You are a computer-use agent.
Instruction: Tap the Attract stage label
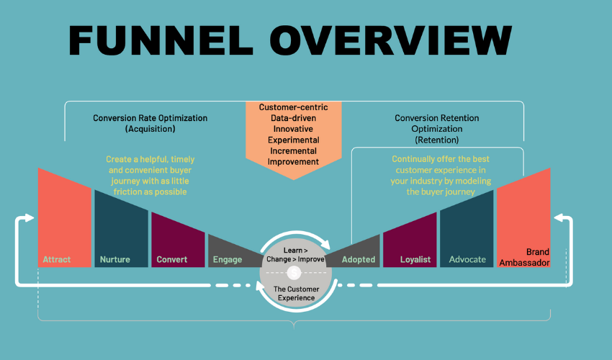pos(57,259)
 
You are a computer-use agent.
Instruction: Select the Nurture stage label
pos(115,259)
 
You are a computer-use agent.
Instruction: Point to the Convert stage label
pos(171,259)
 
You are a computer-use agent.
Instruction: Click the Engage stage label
pos(228,259)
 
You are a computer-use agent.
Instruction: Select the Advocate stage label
pos(467,259)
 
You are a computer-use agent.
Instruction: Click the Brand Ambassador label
pos(532,257)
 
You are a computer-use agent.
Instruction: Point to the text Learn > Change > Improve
pos(293,254)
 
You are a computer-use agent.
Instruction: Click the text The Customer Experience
pos(294,293)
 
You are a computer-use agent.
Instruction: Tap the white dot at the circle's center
pos(293,273)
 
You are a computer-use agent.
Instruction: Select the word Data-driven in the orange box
pos(293,117)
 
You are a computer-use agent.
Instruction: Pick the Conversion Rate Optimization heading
pos(150,118)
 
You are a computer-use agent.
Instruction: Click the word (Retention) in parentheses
pos(436,140)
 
